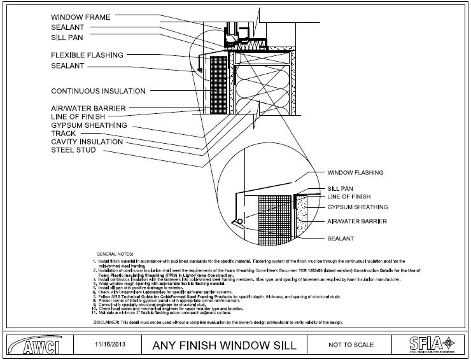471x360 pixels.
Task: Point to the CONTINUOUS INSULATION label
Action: pos(98,91)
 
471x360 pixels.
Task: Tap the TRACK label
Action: pos(63,134)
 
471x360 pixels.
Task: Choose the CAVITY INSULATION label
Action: pos(87,142)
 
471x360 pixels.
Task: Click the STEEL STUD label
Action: pos(73,150)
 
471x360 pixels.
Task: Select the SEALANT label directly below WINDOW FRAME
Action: pos(68,27)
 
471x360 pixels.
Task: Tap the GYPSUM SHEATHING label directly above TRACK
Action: pos(89,125)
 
